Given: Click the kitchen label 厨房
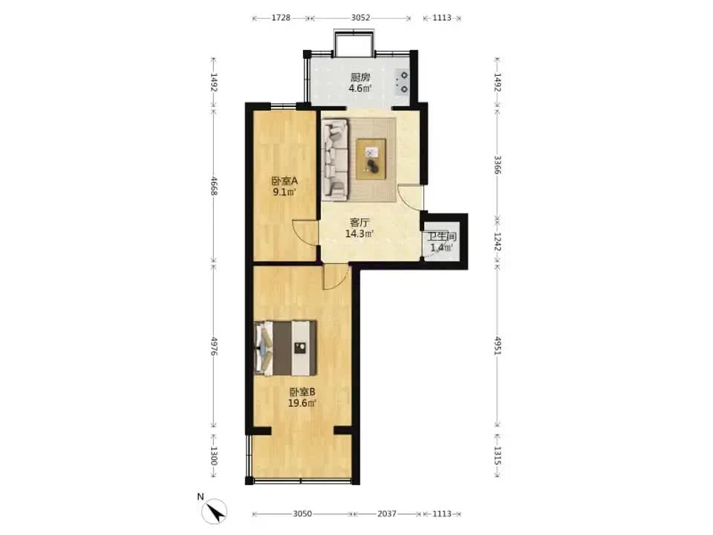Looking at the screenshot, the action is point(360,77).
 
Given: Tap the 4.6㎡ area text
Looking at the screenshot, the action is point(360,88).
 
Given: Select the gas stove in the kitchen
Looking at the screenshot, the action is point(402,82).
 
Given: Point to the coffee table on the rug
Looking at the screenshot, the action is point(371,159).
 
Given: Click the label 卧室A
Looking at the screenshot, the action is point(284,181).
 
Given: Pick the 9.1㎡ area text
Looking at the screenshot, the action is point(284,192).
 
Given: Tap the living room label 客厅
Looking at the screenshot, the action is point(359,222).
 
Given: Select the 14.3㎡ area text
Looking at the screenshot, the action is point(359,234).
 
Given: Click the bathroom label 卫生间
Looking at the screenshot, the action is point(441,236).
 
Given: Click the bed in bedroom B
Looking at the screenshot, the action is point(285,348).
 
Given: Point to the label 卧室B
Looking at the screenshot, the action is point(302,392).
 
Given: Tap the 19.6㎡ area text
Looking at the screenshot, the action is point(302,403).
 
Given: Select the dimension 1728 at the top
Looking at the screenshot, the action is point(281,18).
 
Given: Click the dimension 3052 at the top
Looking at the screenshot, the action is point(361,18).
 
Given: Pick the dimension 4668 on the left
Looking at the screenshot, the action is point(214,185).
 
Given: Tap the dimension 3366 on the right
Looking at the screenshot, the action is point(498,165).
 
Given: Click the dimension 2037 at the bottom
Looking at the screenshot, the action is point(386,513).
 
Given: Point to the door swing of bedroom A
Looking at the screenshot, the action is point(305,233).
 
